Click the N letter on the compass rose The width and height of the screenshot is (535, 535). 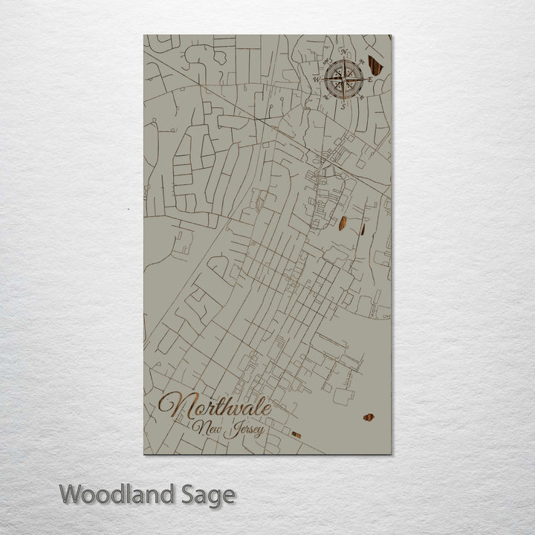[344, 51]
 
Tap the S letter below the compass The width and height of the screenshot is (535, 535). [343, 104]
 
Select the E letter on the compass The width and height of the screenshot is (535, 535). [370, 77]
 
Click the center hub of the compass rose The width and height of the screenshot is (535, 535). [343, 77]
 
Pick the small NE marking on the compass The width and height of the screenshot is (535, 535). [361, 59]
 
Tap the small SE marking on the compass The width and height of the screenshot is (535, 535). [361, 95]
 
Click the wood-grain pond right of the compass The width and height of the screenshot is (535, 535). [376, 66]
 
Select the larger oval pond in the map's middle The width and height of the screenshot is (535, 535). [343, 223]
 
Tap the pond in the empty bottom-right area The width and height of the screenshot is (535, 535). [369, 418]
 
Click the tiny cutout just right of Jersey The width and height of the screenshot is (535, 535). [296, 435]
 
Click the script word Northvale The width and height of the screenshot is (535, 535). [215, 407]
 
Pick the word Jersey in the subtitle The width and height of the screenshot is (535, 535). [244, 430]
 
